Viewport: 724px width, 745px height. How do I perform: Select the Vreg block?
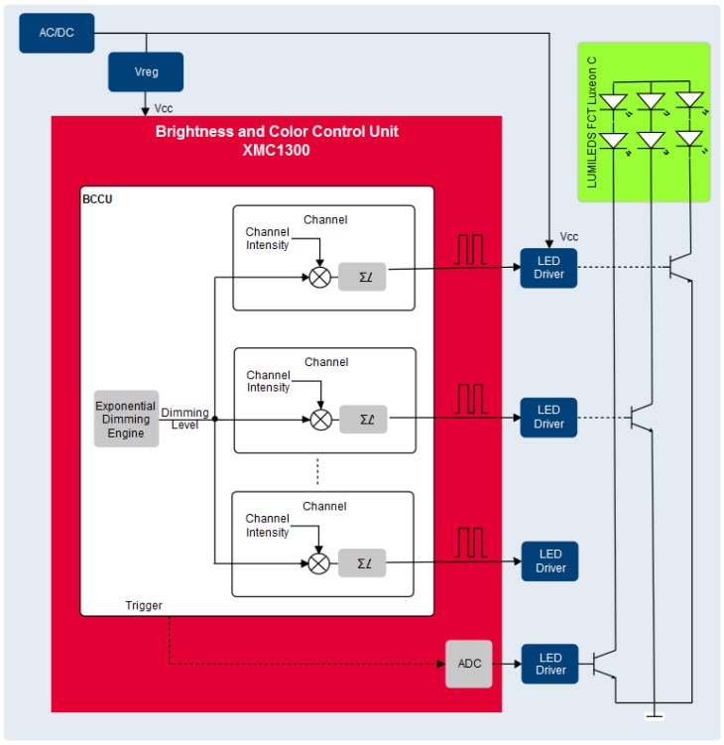point(145,72)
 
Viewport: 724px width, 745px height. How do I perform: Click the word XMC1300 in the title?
point(277,150)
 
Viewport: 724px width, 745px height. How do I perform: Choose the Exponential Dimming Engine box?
point(126,419)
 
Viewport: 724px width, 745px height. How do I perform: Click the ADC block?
point(468,663)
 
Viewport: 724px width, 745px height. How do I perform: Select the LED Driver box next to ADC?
point(549,664)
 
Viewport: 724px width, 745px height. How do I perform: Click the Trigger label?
point(144,605)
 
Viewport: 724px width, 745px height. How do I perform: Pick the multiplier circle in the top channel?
point(319,278)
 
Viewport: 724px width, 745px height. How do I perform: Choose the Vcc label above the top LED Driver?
point(568,237)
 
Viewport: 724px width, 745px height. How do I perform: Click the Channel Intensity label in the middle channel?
point(268,382)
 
